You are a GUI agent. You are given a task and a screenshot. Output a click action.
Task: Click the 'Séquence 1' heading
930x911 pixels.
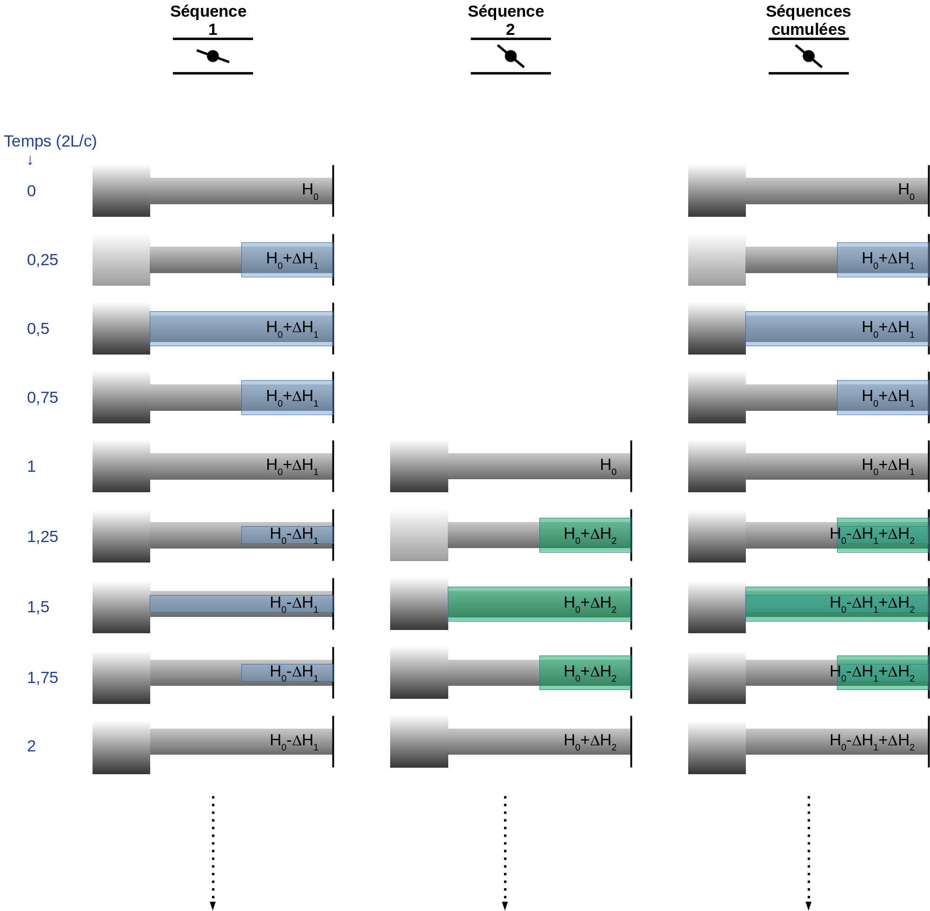coord(208,20)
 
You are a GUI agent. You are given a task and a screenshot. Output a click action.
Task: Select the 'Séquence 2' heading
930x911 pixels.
coord(505,20)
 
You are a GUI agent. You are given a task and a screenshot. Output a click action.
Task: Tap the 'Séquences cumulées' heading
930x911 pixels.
coord(808,20)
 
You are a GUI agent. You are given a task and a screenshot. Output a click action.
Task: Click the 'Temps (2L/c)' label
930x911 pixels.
coord(50,141)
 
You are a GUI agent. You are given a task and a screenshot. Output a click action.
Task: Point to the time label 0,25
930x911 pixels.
coord(42,260)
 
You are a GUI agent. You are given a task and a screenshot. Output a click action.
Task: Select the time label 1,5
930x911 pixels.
coord(38,607)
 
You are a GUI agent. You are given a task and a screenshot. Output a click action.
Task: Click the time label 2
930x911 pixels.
coord(31,746)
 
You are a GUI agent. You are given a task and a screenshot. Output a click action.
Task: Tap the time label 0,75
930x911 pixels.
coord(42,398)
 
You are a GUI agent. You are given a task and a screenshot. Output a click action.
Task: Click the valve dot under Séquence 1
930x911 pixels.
coord(213,56)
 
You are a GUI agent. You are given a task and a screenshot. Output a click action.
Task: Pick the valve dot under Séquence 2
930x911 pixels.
coord(511,56)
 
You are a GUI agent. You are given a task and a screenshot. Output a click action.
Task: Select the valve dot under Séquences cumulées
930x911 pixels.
coord(809,56)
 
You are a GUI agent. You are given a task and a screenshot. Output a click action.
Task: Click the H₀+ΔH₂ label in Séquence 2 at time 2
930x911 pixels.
coord(590,741)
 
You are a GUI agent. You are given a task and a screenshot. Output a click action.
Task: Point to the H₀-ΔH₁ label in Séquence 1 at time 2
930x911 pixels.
coord(293,741)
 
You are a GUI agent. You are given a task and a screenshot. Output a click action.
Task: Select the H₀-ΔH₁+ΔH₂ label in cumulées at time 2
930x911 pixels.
coord(872,741)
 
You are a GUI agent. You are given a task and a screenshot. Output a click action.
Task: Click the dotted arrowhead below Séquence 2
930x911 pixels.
coord(505,905)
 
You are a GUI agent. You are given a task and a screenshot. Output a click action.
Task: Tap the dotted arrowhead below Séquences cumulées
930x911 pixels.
coord(809,905)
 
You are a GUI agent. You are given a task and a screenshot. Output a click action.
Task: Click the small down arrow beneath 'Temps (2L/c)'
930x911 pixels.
coord(30,161)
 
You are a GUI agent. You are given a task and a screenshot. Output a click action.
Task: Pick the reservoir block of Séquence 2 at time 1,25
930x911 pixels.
coord(419,535)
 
